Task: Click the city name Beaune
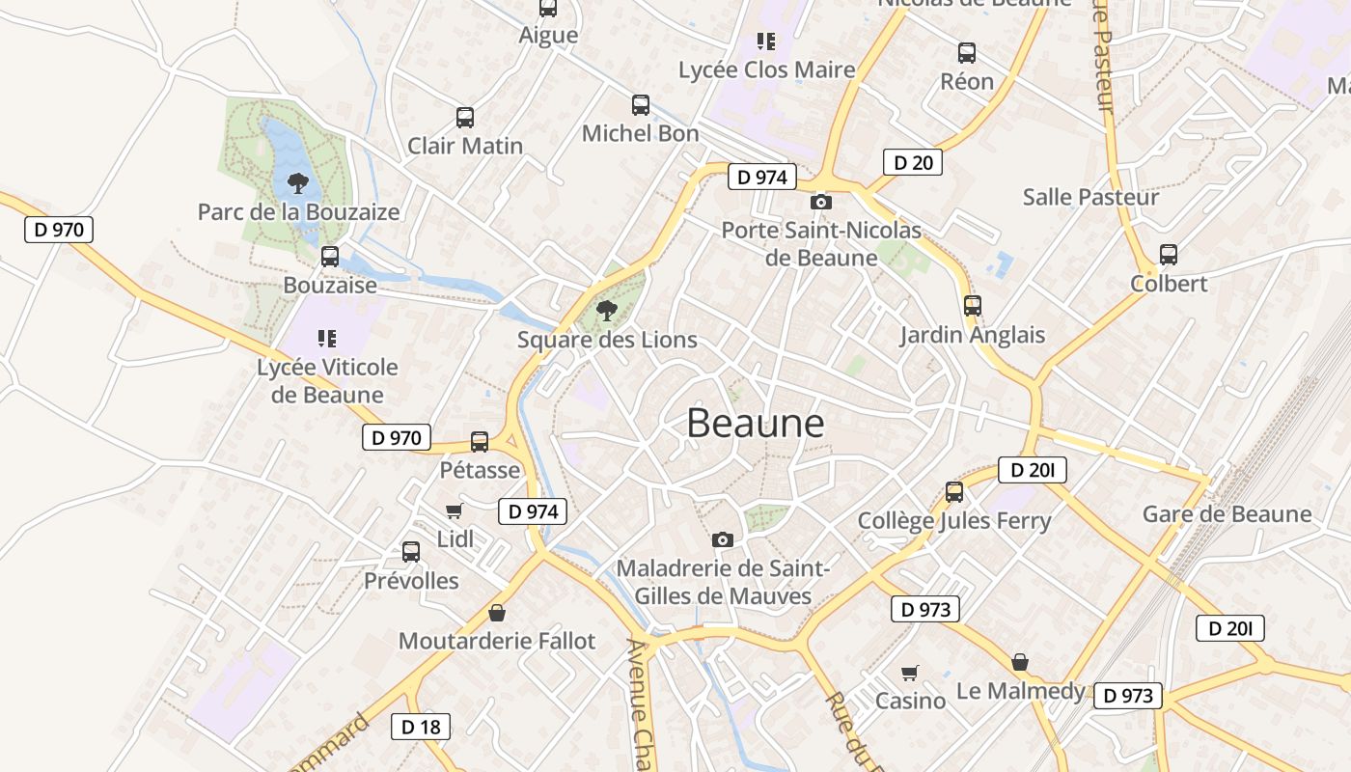pos(756,424)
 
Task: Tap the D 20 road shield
pos(912,162)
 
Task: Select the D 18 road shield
pos(421,727)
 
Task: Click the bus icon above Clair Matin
pos(465,118)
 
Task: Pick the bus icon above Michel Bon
pos(641,105)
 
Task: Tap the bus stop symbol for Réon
pos(967,53)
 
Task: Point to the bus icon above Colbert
pos(1169,255)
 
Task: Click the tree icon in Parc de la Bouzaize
pos(298,182)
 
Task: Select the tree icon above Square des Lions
pos(607,311)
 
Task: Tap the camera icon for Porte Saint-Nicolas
pos(821,202)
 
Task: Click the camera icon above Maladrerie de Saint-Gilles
pos(723,539)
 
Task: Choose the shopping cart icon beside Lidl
pos(454,510)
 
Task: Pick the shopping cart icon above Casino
pos(910,673)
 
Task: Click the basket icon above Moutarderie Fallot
pos(497,613)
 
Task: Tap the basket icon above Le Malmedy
pos(1020,662)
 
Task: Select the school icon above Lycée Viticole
pos(327,338)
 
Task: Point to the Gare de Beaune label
pos(1227,513)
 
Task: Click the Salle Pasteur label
pos(1090,197)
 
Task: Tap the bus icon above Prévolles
pos(411,552)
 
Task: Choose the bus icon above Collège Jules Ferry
pos(954,492)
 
